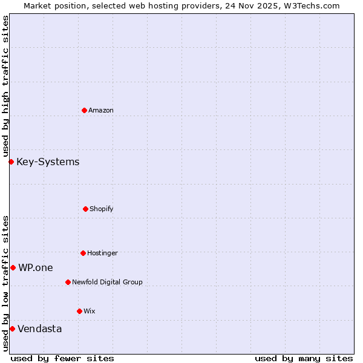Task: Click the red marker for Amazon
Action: tap(84, 110)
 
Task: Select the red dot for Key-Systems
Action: tap(11, 162)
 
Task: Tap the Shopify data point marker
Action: tap(85, 209)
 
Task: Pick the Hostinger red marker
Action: tap(83, 253)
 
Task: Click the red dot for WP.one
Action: tap(13, 267)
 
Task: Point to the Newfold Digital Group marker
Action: tap(68, 282)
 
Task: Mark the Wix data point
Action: tap(79, 311)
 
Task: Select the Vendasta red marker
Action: tap(12, 329)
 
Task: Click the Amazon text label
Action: tap(101, 110)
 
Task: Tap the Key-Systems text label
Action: tap(48, 162)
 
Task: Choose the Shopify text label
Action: tap(102, 209)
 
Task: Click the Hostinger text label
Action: tap(102, 253)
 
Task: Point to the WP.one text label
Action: tap(36, 267)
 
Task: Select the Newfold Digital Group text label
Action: tap(107, 282)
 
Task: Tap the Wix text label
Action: tap(90, 311)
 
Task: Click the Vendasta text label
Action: tap(39, 329)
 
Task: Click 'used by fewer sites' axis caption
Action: tap(62, 358)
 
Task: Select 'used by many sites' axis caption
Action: tap(304, 358)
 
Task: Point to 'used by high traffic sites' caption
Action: tap(5, 86)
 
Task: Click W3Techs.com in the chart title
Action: tap(313, 5)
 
